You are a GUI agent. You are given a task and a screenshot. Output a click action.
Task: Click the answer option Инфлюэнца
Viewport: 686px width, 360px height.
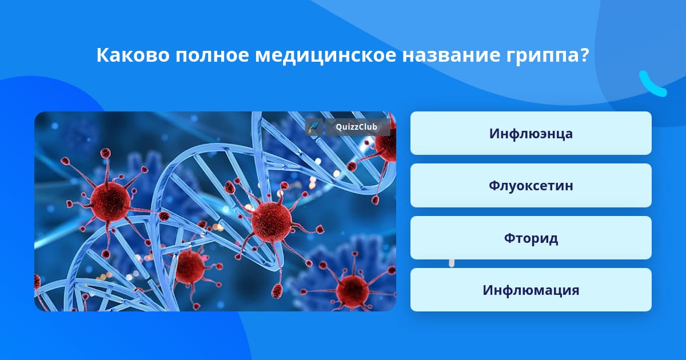[x=531, y=133]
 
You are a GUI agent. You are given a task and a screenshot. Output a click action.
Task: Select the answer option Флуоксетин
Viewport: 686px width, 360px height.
[x=531, y=186]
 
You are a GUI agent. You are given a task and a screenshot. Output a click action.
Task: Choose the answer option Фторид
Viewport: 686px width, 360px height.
[x=531, y=238]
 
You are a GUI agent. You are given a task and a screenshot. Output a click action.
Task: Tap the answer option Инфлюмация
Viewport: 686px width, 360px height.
[x=531, y=290]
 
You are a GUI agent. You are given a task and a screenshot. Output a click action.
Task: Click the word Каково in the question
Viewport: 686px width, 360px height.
[x=133, y=55]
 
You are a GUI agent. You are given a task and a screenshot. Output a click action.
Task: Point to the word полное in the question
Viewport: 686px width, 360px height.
[x=212, y=56]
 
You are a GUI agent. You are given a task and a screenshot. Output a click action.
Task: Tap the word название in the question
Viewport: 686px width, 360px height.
[x=451, y=56]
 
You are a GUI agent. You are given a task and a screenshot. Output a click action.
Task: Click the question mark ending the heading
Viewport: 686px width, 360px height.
[x=584, y=55]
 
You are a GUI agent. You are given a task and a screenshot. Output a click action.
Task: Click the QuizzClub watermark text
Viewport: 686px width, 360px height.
[x=356, y=127]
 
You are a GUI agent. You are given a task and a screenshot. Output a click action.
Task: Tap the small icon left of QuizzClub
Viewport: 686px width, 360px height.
[x=314, y=127]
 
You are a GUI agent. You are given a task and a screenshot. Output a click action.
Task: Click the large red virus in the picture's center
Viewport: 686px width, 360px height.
[x=272, y=221]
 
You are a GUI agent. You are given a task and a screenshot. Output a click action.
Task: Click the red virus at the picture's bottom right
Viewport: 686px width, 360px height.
[x=352, y=291]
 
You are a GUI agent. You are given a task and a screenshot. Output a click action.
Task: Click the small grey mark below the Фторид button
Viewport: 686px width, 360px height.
[x=452, y=263]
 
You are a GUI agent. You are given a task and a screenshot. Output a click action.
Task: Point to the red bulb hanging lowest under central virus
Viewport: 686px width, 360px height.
[x=277, y=291]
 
